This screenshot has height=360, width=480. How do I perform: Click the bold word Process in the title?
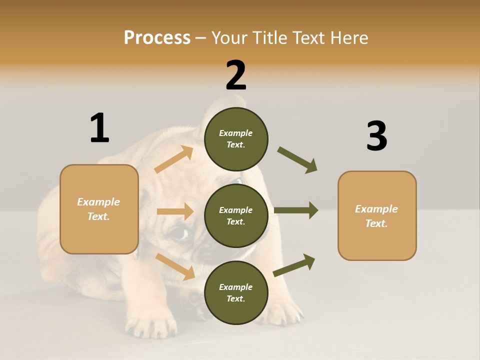[x=157, y=37]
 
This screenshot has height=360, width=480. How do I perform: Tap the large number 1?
[x=99, y=128]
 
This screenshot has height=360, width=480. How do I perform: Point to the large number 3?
[x=376, y=136]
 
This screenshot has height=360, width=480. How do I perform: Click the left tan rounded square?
[x=99, y=209]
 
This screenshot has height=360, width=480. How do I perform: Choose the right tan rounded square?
[x=377, y=216]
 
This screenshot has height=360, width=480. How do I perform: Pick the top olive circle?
[x=236, y=138]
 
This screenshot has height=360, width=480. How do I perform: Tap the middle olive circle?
[x=236, y=215]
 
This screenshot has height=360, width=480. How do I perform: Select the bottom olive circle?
[x=236, y=292]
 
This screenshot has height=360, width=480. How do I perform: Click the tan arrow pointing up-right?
[x=174, y=159]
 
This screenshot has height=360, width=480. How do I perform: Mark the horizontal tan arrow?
[x=175, y=211]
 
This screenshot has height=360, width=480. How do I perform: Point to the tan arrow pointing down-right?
[x=175, y=266]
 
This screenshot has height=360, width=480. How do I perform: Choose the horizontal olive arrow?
[x=296, y=210]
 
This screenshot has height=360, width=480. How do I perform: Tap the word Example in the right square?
[x=376, y=209]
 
